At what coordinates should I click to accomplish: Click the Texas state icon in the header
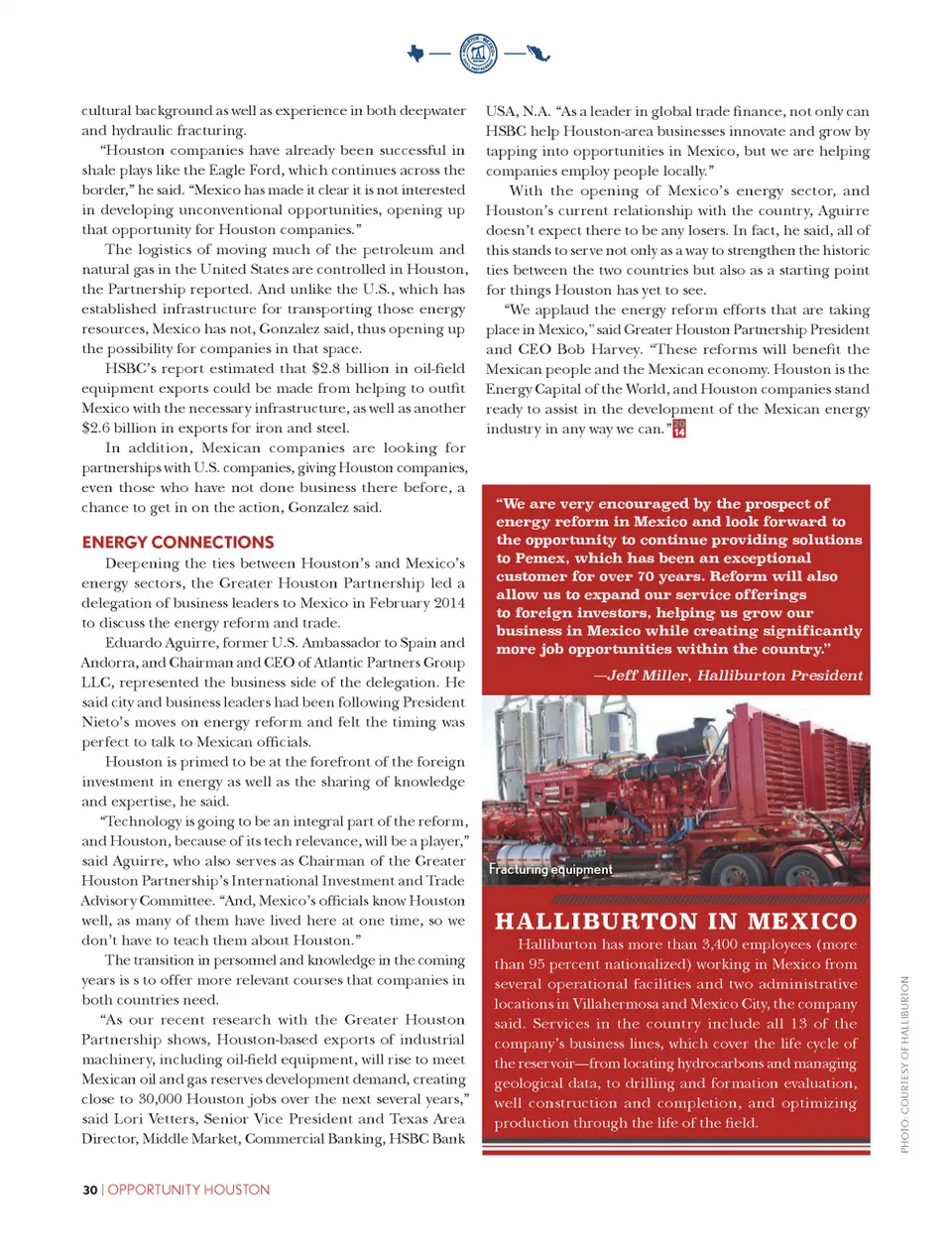(x=416, y=53)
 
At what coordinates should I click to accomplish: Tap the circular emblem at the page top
(x=479, y=53)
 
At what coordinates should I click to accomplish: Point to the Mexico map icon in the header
(x=539, y=53)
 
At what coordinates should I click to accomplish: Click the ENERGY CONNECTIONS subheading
(x=178, y=543)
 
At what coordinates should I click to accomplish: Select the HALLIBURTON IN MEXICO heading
(x=675, y=922)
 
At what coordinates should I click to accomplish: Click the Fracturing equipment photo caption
(x=550, y=870)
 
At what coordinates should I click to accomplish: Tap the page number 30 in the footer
(x=89, y=1189)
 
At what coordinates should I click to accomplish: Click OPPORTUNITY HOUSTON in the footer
(x=188, y=1189)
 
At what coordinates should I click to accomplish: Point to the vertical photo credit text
(x=904, y=1064)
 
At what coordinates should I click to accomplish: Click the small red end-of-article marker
(x=679, y=429)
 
